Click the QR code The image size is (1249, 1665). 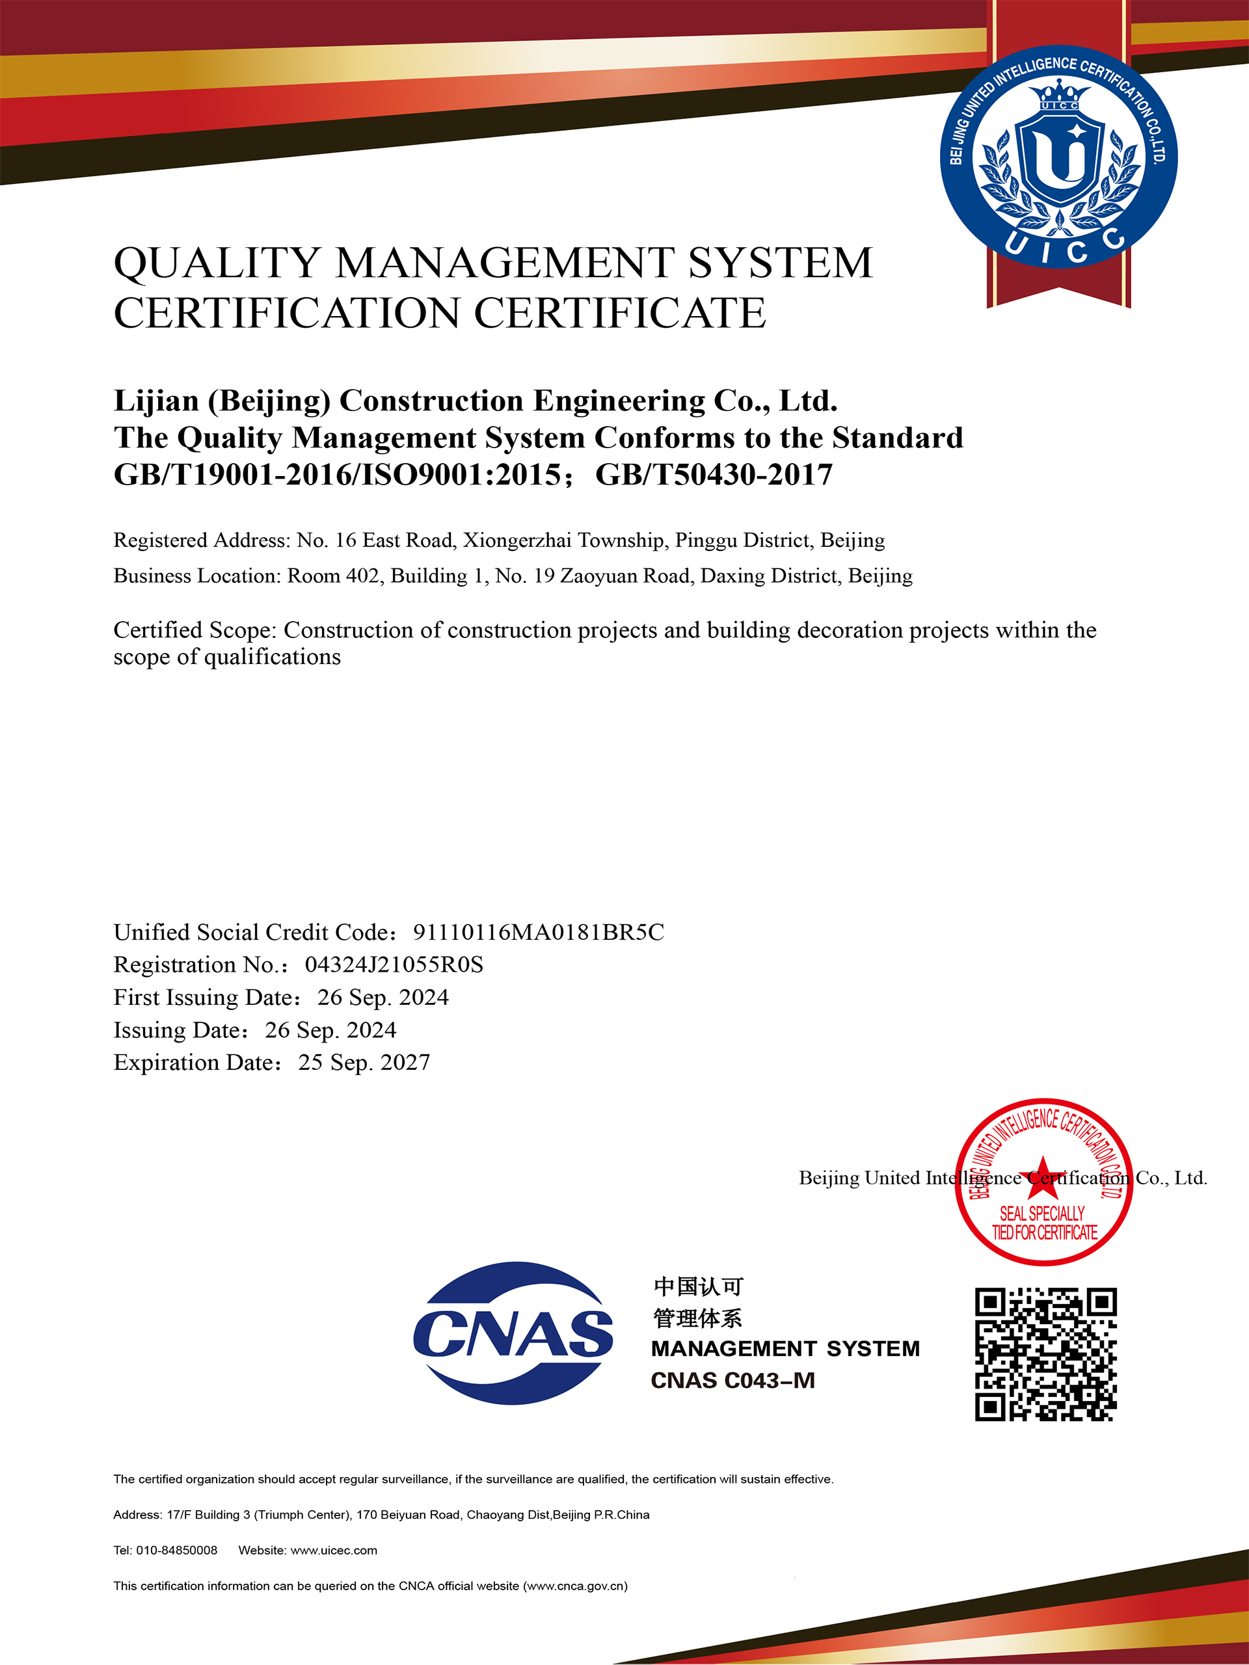pos(1046,1354)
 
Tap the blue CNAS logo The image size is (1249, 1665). pos(513,1333)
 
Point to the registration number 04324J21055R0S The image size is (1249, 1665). pos(394,965)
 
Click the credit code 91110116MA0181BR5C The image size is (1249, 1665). pos(538,933)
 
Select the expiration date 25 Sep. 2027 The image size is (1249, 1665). pos(364,1062)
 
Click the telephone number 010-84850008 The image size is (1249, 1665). pos(176,1550)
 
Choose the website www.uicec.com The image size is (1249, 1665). pos(334,1550)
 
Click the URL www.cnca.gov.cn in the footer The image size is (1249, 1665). pos(575,1586)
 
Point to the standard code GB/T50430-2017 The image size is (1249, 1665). pos(714,475)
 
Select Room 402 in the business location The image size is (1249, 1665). pos(334,576)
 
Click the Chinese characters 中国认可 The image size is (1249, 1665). pos(698,1286)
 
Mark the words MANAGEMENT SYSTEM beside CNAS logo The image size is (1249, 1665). pos(785,1348)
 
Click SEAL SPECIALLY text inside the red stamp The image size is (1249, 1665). pos(1042,1214)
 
